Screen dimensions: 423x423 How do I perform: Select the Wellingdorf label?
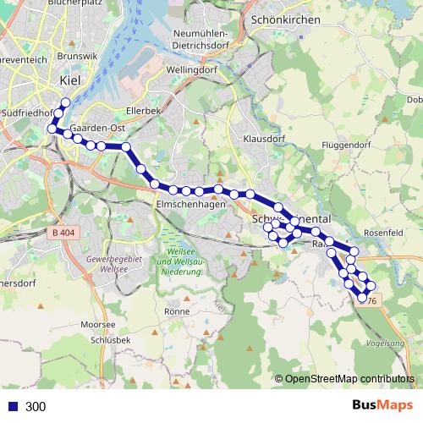click(x=192, y=70)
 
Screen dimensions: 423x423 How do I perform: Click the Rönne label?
click(x=177, y=311)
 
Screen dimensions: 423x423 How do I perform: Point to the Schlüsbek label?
click(x=107, y=339)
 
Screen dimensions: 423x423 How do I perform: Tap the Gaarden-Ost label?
click(x=99, y=128)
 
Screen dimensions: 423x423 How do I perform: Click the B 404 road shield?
click(x=63, y=231)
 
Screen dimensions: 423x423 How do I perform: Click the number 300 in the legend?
click(x=36, y=407)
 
